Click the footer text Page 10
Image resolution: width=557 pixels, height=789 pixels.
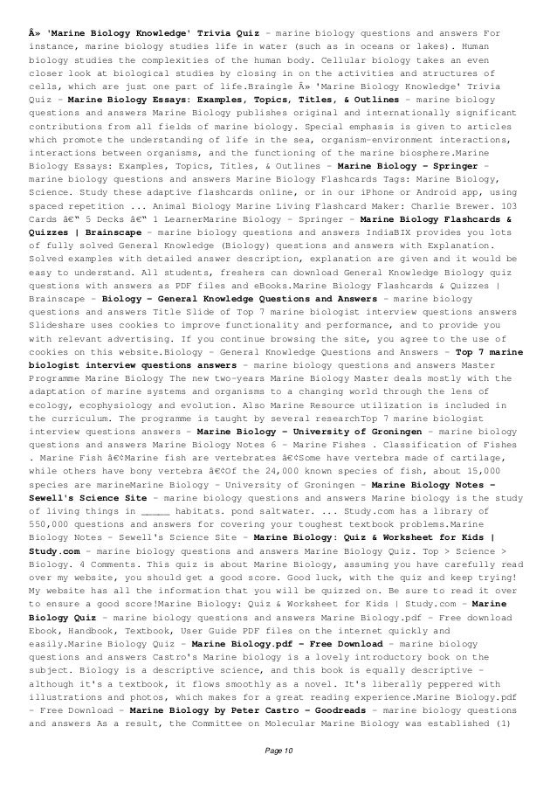278,773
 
